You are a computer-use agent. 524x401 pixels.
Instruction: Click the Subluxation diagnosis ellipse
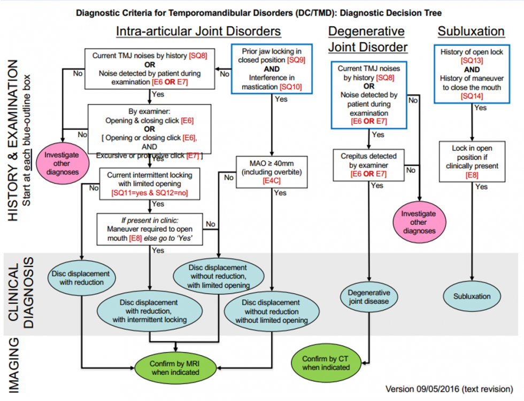pyautogui.click(x=472, y=296)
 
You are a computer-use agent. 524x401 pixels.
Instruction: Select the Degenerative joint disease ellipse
pyautogui.click(x=369, y=297)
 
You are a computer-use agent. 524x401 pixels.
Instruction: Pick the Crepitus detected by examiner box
pyautogui.click(x=368, y=165)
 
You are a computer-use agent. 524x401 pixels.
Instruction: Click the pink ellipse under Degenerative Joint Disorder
pyautogui.click(x=418, y=222)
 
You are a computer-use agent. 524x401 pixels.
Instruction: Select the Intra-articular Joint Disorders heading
pyautogui.click(x=198, y=31)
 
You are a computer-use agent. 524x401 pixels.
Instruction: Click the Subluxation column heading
pyautogui.click(x=471, y=31)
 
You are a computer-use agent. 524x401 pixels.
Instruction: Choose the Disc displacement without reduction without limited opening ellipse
pyautogui.click(x=272, y=311)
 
